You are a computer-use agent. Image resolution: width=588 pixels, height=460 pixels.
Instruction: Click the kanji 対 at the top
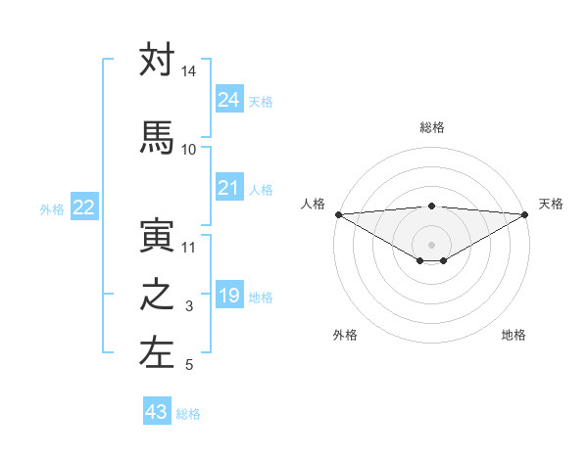(157, 61)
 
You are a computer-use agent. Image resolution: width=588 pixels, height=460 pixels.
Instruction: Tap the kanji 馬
(157, 138)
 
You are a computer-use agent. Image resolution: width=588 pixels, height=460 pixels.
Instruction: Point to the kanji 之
(157, 297)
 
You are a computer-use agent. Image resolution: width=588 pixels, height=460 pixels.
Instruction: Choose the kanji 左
(157, 354)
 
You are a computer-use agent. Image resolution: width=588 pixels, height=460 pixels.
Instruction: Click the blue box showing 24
(228, 99)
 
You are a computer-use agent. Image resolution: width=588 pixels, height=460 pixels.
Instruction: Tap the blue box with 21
(228, 188)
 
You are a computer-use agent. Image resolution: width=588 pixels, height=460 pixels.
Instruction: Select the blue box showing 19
(228, 296)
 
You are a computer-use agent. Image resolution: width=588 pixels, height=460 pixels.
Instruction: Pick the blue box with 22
(83, 207)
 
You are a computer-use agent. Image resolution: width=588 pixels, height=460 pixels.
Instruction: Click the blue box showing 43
(156, 412)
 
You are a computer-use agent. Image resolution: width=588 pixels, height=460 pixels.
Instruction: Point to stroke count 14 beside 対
(188, 71)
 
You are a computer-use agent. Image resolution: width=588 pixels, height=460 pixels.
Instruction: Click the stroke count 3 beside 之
(189, 307)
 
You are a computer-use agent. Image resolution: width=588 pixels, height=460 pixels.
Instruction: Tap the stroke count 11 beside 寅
(188, 247)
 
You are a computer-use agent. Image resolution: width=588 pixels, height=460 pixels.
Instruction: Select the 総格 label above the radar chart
(431, 127)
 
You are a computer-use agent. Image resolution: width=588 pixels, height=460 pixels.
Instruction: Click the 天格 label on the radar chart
(551, 204)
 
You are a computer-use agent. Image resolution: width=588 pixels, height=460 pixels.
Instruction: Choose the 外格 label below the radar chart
(345, 335)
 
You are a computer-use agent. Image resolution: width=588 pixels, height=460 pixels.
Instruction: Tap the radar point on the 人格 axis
(338, 214)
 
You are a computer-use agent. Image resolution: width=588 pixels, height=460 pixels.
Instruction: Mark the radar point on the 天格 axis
(524, 214)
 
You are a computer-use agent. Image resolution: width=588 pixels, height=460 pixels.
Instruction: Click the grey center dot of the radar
(431, 243)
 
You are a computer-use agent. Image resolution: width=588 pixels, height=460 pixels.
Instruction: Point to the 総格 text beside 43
(188, 414)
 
